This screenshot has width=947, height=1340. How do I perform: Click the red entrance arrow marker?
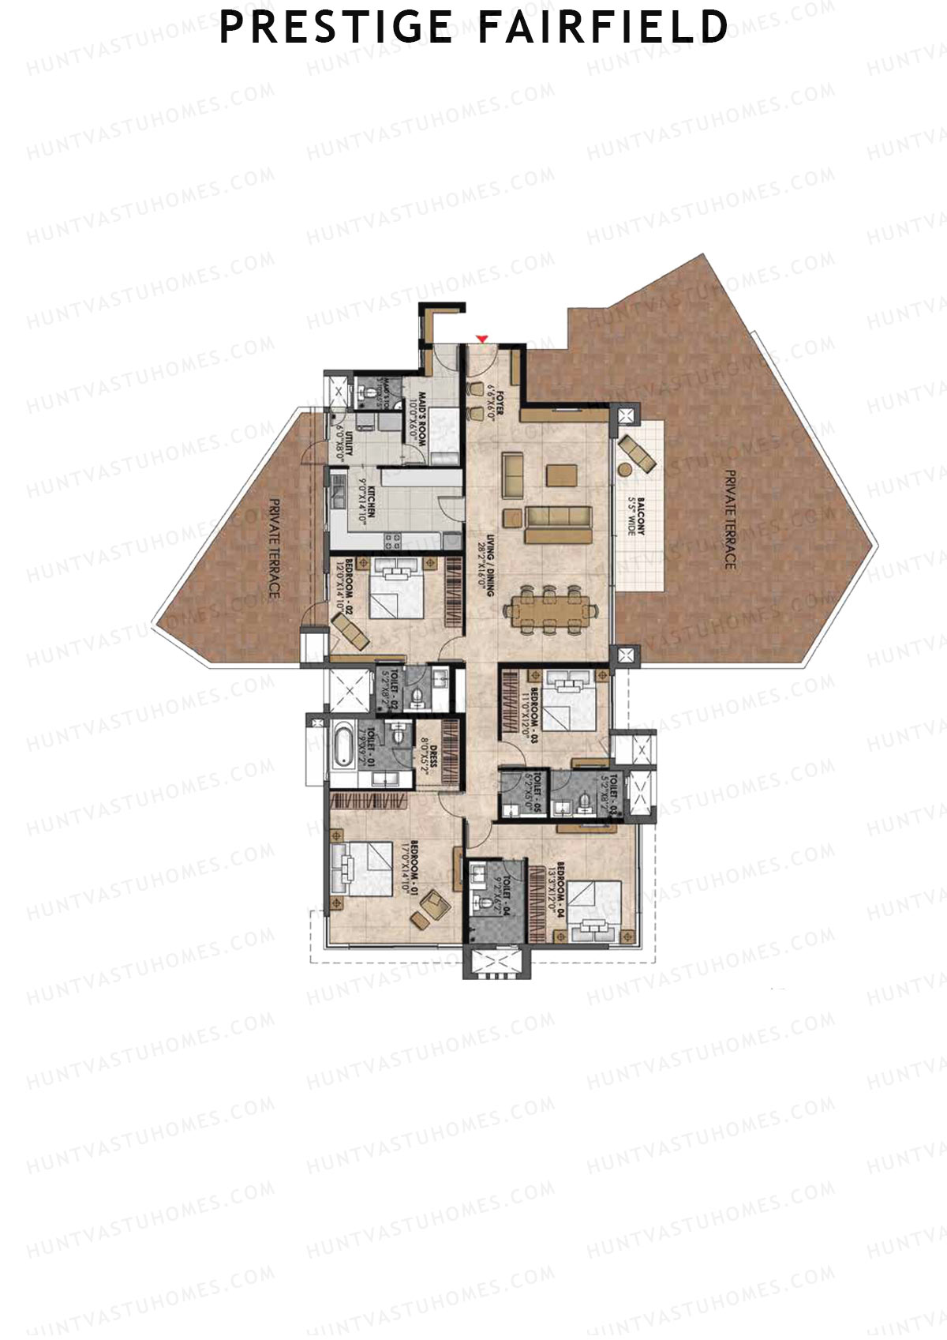click(x=482, y=339)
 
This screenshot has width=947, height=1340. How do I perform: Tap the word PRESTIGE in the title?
click(x=336, y=27)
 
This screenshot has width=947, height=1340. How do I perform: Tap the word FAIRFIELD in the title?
click(x=604, y=27)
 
